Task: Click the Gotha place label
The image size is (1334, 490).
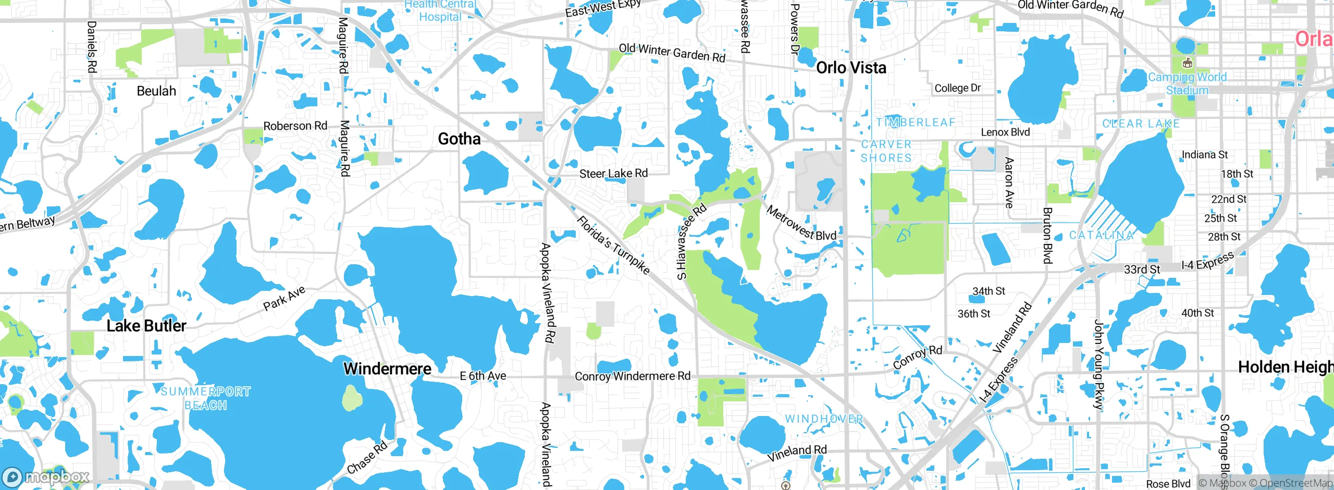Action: click(x=459, y=139)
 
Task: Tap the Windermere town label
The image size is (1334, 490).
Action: click(x=387, y=369)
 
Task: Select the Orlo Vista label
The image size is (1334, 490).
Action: click(x=851, y=68)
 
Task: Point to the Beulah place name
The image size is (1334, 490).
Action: click(x=156, y=91)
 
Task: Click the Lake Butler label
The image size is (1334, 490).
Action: click(x=146, y=326)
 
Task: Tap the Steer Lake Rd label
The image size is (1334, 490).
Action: click(x=613, y=173)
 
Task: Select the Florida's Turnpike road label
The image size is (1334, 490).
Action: click(x=613, y=245)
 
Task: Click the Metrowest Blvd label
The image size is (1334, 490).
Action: click(x=801, y=223)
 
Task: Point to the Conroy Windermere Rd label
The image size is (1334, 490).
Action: click(x=632, y=376)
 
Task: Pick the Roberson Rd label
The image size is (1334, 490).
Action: click(x=295, y=126)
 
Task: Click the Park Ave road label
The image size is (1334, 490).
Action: click(x=284, y=299)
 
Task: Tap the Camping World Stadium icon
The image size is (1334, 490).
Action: click(x=1188, y=64)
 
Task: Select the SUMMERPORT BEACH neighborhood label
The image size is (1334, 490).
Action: click(x=205, y=398)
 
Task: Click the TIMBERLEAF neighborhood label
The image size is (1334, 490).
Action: click(x=916, y=123)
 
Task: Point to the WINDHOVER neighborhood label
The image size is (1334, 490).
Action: click(x=824, y=419)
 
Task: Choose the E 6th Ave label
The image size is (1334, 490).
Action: click(x=483, y=376)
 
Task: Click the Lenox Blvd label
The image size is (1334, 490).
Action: click(x=1005, y=132)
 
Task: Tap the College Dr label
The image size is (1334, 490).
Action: click(x=957, y=88)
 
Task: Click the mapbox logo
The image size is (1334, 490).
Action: click(x=46, y=477)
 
